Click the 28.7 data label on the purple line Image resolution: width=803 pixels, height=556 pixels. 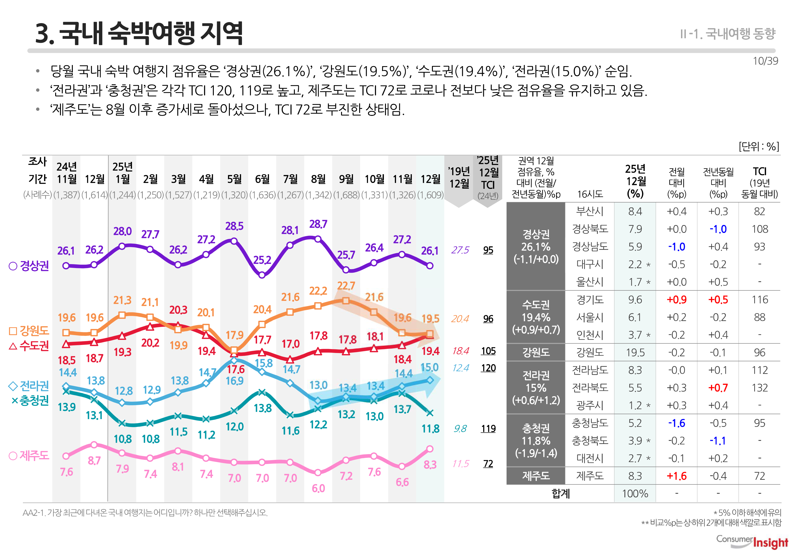318,224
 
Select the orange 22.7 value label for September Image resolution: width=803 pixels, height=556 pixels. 346,286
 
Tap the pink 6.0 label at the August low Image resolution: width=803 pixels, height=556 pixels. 318,488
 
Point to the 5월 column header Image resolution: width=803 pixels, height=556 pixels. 234,179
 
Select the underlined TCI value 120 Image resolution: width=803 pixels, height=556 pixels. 488,368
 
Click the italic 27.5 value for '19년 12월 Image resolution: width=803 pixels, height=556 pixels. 460,250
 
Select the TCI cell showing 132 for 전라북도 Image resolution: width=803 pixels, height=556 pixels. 760,388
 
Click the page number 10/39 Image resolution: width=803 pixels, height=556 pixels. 765,61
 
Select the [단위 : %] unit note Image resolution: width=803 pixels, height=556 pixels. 758,146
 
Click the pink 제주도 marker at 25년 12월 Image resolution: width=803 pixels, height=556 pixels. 430,449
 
